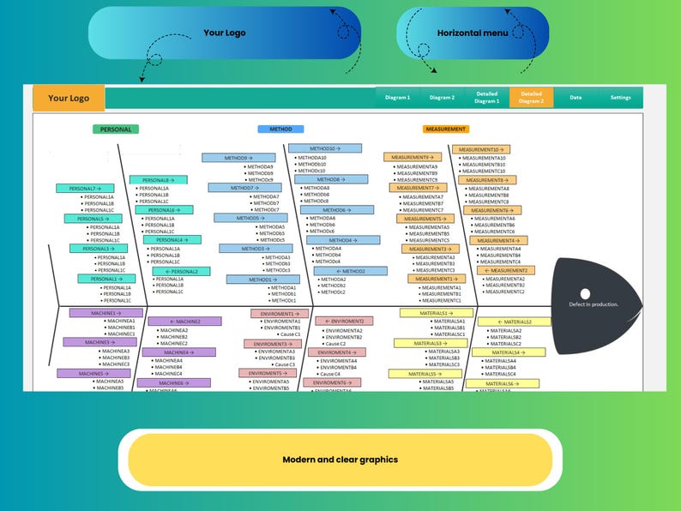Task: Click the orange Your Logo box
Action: pyautogui.click(x=69, y=98)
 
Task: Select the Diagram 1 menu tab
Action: pyautogui.click(x=397, y=98)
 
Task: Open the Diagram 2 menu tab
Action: pyautogui.click(x=442, y=98)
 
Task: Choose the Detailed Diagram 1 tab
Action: pyautogui.click(x=486, y=98)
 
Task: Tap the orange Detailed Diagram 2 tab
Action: pyautogui.click(x=531, y=98)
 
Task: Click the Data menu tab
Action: pyautogui.click(x=576, y=98)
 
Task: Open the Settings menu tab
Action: pyautogui.click(x=620, y=98)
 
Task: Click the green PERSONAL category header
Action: pyautogui.click(x=116, y=129)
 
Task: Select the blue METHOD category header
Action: pyautogui.click(x=280, y=129)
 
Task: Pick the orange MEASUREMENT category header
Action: pyautogui.click(x=445, y=129)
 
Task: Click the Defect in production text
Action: pyautogui.click(x=594, y=304)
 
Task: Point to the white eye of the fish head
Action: pyautogui.click(x=585, y=294)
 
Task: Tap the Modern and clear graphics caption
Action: pyautogui.click(x=340, y=460)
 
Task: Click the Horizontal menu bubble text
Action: pyautogui.click(x=473, y=33)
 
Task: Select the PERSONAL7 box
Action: pyautogui.click(x=85, y=188)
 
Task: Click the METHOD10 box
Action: pyautogui.click(x=324, y=148)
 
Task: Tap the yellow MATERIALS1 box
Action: pyautogui.click(x=437, y=313)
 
